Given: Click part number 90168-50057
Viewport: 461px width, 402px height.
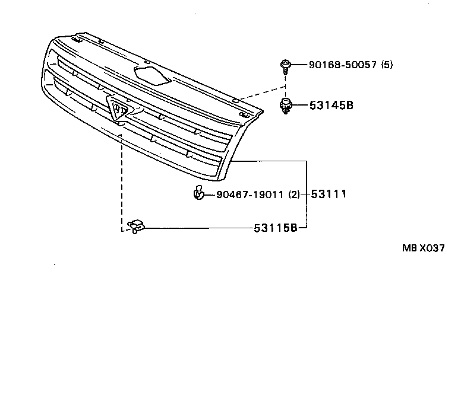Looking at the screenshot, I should [x=343, y=65].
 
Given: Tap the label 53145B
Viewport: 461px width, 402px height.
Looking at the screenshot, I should [x=331, y=106].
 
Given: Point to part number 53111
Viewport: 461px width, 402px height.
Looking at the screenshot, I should [x=329, y=194].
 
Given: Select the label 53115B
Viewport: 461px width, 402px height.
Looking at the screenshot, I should [x=275, y=228].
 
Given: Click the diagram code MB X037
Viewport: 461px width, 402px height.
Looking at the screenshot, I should [x=423, y=249].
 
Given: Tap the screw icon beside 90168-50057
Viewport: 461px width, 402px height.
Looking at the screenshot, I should [x=286, y=66].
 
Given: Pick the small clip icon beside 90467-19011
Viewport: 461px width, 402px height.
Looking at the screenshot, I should [x=198, y=193].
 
